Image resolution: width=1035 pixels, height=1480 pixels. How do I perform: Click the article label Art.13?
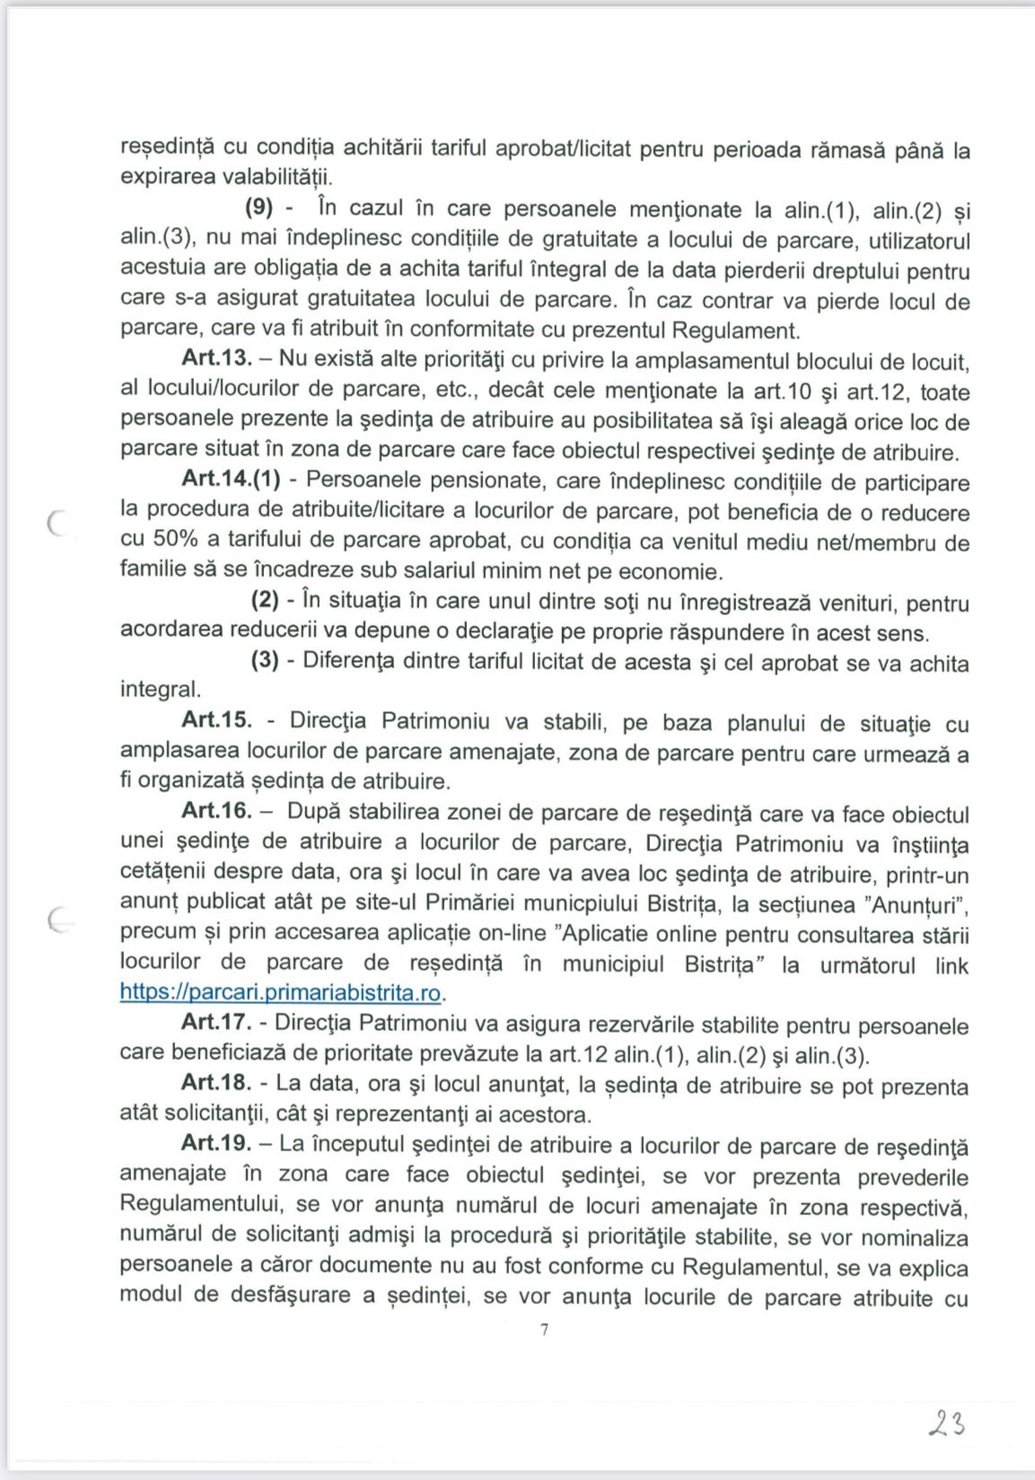point(215,359)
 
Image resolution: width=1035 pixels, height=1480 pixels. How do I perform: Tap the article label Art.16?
point(215,811)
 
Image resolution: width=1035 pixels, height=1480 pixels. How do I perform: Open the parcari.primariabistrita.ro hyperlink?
point(282,993)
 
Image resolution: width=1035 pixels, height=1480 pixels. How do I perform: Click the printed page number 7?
point(544,1330)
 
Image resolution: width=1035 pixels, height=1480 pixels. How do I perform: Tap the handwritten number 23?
point(946,1423)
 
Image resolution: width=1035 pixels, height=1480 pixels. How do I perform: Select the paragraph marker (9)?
point(259,208)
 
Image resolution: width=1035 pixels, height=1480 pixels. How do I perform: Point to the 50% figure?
point(163,542)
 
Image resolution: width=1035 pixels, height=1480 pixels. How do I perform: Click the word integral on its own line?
point(160,690)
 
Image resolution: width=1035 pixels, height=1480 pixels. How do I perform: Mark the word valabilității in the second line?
point(276,177)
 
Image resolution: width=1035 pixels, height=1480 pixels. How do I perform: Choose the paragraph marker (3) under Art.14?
point(265,661)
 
